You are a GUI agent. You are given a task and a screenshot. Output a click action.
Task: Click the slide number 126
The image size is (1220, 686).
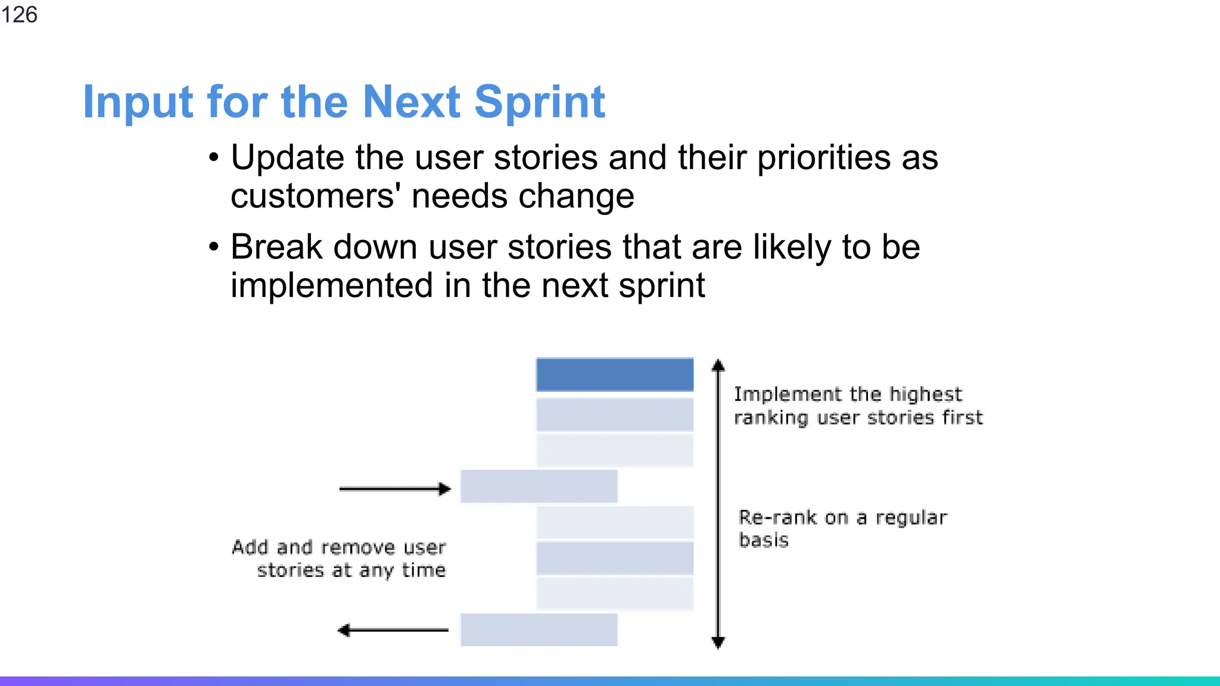pyautogui.click(x=19, y=14)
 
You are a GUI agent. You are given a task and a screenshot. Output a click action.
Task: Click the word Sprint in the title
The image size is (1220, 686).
pyautogui.click(x=539, y=102)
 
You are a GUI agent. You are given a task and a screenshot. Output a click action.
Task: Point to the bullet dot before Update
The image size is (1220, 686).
pyautogui.click(x=214, y=158)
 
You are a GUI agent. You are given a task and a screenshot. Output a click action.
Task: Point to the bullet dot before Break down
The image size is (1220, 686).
pyautogui.click(x=214, y=248)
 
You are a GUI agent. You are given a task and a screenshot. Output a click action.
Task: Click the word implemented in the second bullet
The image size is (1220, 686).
pyautogui.click(x=332, y=286)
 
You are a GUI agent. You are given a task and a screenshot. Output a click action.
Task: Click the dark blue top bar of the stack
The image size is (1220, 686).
pyautogui.click(x=614, y=375)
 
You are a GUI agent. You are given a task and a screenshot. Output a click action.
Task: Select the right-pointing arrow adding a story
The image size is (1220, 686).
pyautogui.click(x=394, y=489)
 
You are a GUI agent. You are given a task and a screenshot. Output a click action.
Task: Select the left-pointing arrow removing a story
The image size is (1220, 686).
pyautogui.click(x=393, y=630)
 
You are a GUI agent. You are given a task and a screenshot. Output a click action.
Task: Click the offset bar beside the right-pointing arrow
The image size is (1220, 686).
pyautogui.click(x=539, y=486)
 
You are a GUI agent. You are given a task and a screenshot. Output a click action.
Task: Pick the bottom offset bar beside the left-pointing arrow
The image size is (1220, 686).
pyautogui.click(x=539, y=630)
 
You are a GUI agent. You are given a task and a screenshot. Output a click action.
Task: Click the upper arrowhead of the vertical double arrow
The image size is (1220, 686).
pyautogui.click(x=718, y=365)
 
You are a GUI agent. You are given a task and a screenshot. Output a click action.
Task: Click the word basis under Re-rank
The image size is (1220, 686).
pyautogui.click(x=763, y=540)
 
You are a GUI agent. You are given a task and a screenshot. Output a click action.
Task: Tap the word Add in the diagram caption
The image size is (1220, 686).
pyautogui.click(x=250, y=547)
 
